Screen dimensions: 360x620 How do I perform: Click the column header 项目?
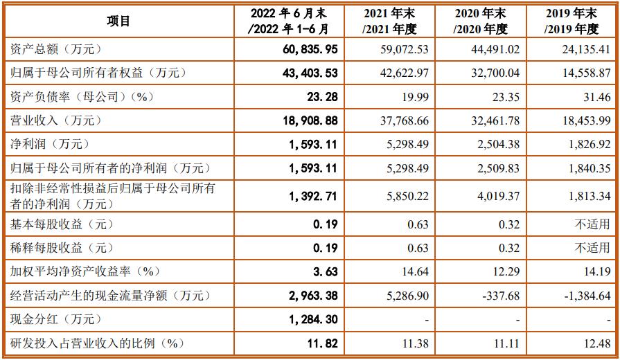118,21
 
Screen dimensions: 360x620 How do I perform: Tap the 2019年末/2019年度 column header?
572,21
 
